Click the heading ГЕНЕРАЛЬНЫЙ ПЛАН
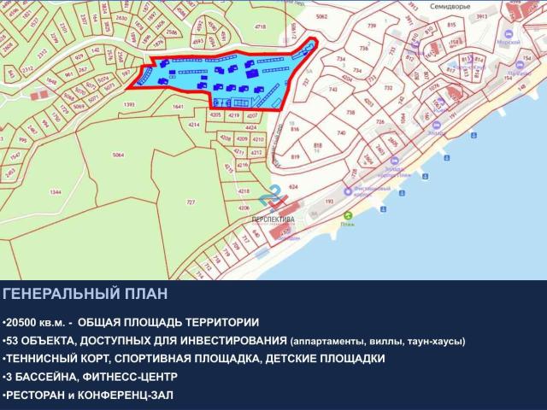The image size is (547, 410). click(x=85, y=295)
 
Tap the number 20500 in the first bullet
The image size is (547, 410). click(x=24, y=322)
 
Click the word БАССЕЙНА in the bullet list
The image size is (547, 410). click(x=45, y=377)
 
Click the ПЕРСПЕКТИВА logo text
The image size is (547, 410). click(x=273, y=220)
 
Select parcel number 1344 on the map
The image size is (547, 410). click(x=32, y=193)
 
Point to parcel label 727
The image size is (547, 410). click(x=191, y=202)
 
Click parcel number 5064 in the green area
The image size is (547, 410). click(x=118, y=155)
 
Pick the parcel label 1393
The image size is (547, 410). click(x=130, y=104)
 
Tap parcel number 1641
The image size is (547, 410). click(x=177, y=107)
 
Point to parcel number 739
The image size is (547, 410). click(x=371, y=27)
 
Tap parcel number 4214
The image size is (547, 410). click(x=194, y=125)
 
